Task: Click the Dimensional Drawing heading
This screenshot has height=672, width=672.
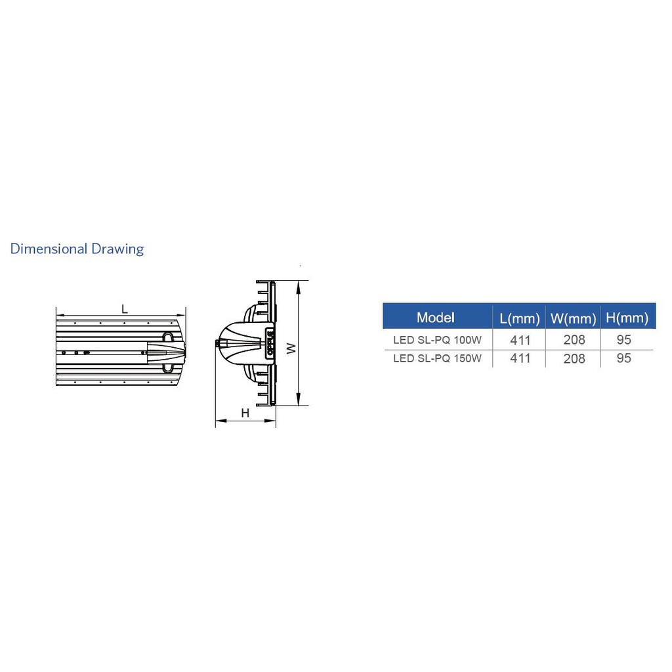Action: [77, 249]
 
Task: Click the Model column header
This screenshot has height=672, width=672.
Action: [436, 318]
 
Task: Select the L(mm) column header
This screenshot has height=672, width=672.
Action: [520, 318]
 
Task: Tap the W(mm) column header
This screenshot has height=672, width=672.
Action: [574, 318]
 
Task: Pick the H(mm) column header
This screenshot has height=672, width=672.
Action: [627, 318]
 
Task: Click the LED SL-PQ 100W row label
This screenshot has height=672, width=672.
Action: [437, 340]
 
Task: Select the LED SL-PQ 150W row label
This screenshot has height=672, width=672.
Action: [437, 358]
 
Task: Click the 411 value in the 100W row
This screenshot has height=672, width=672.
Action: [520, 341]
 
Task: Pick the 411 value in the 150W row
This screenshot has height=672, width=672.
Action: [520, 358]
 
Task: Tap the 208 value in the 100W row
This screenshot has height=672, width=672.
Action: [574, 340]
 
